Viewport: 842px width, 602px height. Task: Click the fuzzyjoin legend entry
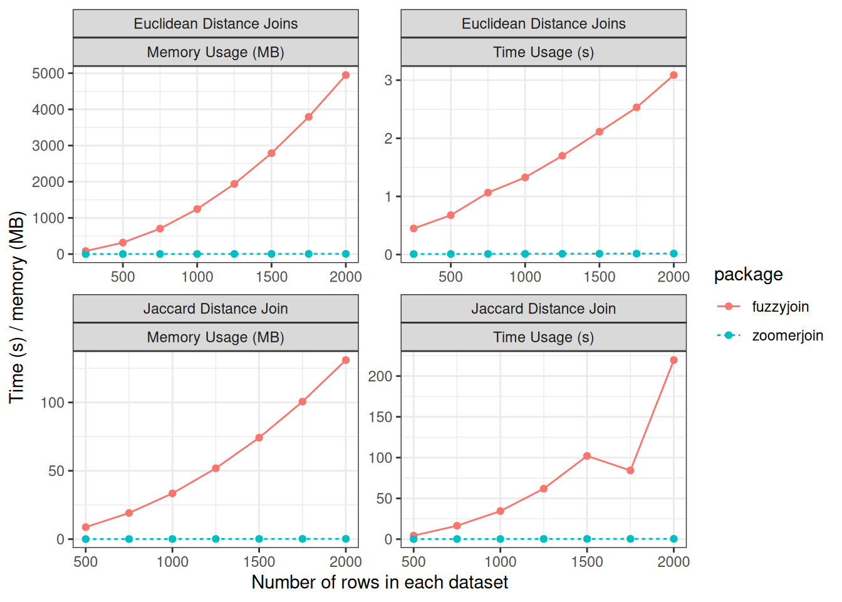780,307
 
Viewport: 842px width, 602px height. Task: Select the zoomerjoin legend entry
787,335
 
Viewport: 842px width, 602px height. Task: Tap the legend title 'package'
748,275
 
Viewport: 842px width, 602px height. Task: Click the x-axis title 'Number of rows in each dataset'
380,583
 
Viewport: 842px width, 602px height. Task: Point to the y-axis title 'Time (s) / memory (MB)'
17,307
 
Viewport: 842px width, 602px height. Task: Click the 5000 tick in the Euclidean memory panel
48,73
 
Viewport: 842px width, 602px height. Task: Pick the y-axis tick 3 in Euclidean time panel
388,80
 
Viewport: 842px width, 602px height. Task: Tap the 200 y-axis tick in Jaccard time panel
380,376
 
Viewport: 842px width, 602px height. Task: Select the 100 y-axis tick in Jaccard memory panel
53,403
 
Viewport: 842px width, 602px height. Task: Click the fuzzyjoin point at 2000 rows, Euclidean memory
346,75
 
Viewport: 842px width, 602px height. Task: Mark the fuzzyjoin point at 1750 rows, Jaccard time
630,470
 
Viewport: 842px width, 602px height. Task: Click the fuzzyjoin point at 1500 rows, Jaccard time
587,456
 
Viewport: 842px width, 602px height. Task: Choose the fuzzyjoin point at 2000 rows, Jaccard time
673,360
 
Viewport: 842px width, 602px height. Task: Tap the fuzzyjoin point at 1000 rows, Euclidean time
525,177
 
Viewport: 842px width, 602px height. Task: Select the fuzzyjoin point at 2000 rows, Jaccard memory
346,360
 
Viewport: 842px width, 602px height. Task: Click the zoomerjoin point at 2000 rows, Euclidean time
673,253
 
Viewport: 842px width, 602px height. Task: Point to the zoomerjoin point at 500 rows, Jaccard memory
86,539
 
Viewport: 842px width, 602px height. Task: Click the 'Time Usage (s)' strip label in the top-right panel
543,52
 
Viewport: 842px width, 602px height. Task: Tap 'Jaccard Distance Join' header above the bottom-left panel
216,309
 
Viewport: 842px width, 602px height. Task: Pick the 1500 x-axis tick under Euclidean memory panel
271,277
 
